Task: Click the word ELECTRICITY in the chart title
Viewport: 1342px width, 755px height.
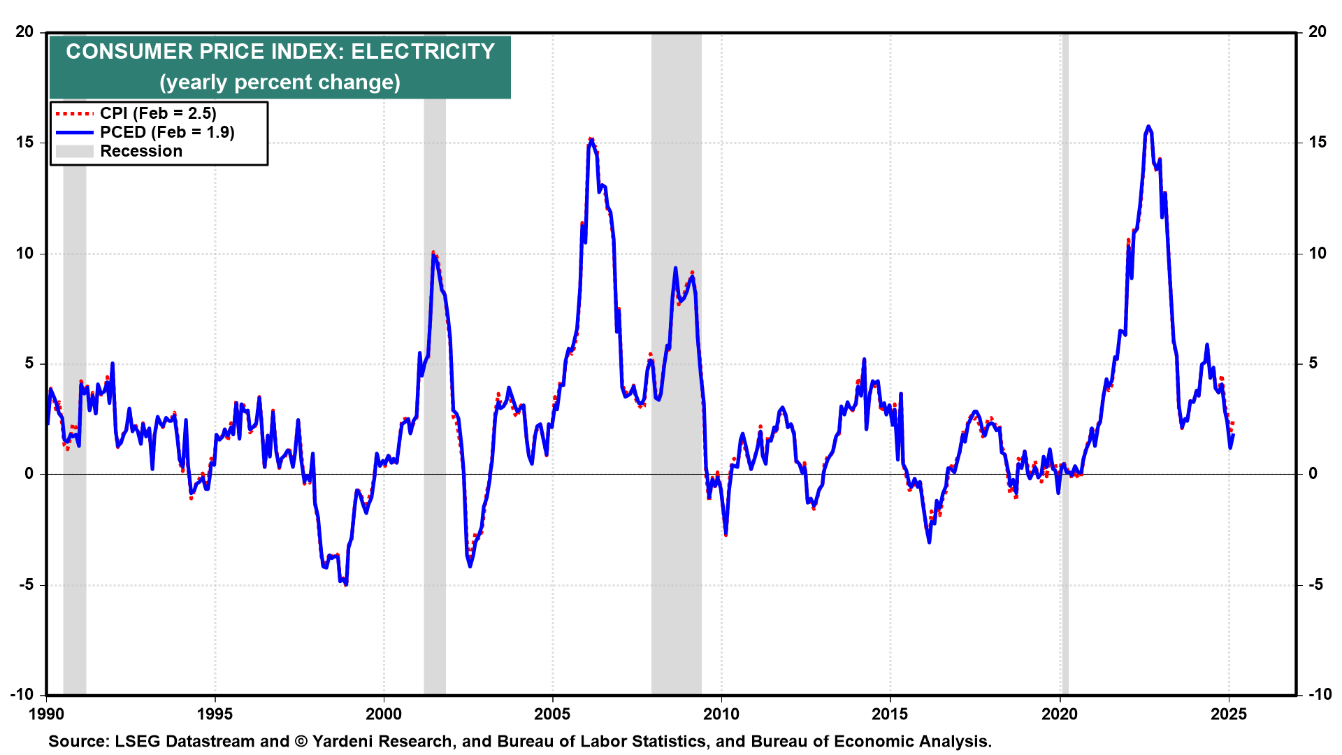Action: pyautogui.click(x=423, y=52)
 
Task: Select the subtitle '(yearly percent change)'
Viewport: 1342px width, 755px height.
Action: pyautogui.click(x=280, y=82)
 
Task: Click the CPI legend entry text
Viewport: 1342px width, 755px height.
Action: pyautogui.click(x=158, y=113)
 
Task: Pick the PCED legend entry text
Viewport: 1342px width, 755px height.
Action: pyautogui.click(x=167, y=132)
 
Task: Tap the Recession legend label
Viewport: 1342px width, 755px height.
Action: pyautogui.click(x=141, y=151)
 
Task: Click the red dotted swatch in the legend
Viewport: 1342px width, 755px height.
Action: pyautogui.click(x=74, y=113)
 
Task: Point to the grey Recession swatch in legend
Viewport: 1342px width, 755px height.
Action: pyautogui.click(x=74, y=151)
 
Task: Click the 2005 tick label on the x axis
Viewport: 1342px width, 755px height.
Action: pyautogui.click(x=552, y=714)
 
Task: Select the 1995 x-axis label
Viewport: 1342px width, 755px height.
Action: pyautogui.click(x=215, y=714)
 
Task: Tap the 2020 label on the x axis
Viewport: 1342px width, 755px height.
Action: pyautogui.click(x=1060, y=714)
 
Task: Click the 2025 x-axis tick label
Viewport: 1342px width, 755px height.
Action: pyautogui.click(x=1229, y=714)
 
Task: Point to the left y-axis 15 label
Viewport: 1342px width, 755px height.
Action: pyautogui.click(x=25, y=143)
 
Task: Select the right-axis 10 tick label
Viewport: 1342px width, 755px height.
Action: pyautogui.click(x=1317, y=253)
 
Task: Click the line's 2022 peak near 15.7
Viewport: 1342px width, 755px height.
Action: pyautogui.click(x=1148, y=127)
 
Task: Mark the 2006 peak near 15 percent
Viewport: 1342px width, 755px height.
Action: pyautogui.click(x=591, y=140)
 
